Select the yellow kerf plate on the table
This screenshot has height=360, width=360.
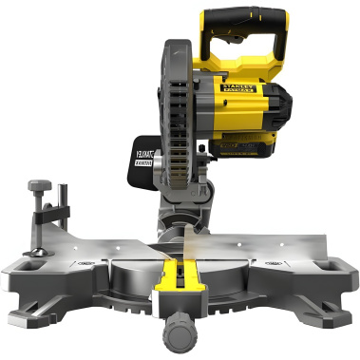(183, 286)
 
